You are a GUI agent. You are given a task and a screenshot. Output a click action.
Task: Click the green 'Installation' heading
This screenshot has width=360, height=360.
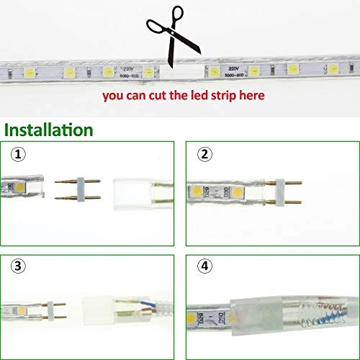(x=49, y=130)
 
